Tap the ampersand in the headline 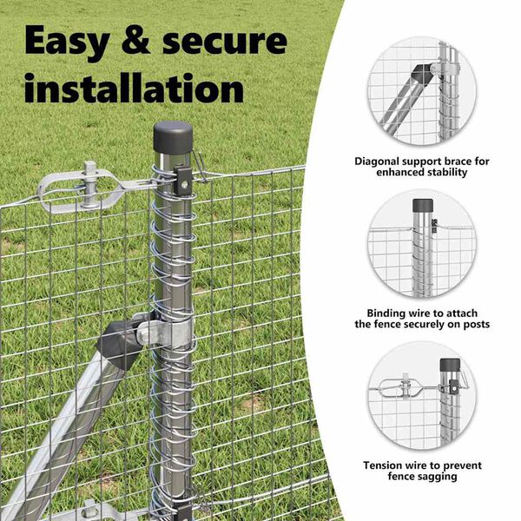pos(135,41)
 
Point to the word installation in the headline pos(135,88)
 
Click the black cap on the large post pos(173,137)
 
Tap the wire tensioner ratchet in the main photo pos(82,189)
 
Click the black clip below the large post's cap pos(183,181)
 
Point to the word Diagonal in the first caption pos(377,162)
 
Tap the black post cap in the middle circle pos(423,206)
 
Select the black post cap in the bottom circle pos(450,365)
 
